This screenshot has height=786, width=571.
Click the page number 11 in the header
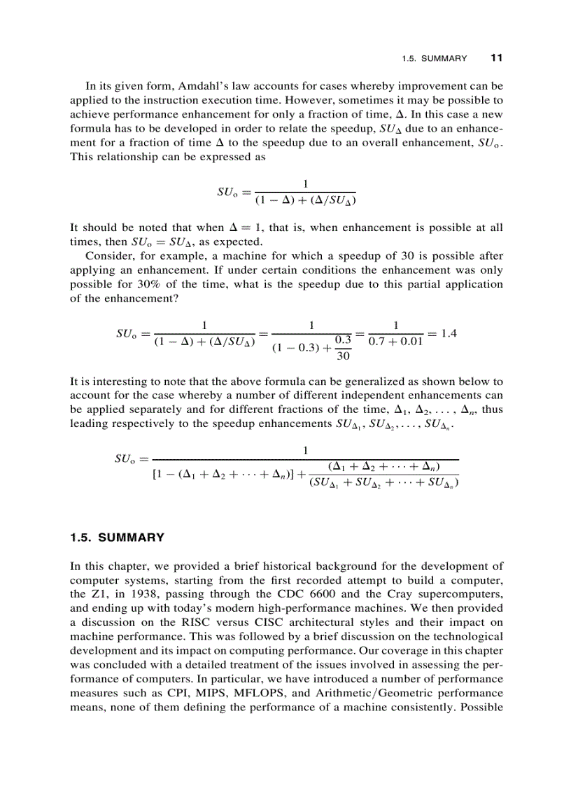(497, 57)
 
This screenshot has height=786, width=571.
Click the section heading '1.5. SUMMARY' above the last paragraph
(118, 538)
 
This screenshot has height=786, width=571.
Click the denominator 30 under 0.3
(344, 356)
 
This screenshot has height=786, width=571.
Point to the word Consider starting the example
(108, 256)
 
